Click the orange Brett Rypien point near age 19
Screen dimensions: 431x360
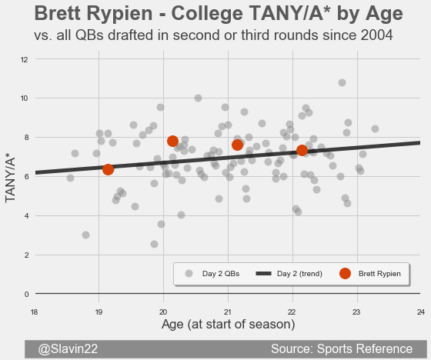tap(108, 169)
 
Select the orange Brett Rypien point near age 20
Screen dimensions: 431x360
tap(172, 142)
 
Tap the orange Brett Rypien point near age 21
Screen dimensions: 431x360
tap(238, 145)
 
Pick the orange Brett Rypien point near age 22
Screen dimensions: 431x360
tap(302, 150)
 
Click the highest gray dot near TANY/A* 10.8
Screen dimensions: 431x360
tap(342, 83)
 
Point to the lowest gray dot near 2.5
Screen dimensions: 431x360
tap(154, 244)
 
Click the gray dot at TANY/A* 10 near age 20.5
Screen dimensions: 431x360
tap(198, 98)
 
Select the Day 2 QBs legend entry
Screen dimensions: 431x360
tap(212, 274)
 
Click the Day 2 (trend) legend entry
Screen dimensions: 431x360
tap(289, 274)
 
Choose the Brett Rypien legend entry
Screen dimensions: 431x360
tap(370, 274)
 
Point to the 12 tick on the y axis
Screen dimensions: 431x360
tap(24, 59)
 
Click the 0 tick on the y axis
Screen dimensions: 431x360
tap(26, 295)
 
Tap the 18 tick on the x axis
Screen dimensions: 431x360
tap(34, 312)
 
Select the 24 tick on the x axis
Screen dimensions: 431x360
tap(421, 312)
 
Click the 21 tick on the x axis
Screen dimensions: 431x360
tap(228, 312)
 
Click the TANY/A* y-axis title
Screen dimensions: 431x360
tap(10, 180)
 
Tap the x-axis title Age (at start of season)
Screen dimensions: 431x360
tap(228, 325)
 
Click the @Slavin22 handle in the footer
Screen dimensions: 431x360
tap(68, 349)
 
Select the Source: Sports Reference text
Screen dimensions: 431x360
tap(342, 349)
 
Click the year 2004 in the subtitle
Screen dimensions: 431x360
tap(377, 35)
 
